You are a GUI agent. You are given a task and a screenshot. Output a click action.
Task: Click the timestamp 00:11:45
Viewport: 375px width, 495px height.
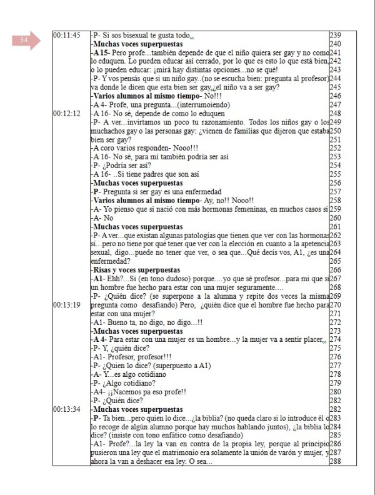67,35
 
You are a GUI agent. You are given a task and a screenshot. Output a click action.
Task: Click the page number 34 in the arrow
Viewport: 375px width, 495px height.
24,41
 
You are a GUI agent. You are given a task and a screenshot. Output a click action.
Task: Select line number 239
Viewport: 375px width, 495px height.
336,35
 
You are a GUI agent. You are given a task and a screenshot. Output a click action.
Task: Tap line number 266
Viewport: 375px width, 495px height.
336,270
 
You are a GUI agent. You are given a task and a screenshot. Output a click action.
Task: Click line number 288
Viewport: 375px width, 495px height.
336,461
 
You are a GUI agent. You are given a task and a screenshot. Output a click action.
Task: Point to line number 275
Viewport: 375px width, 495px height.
336,348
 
